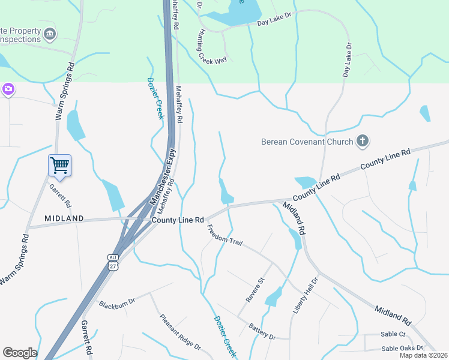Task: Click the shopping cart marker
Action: click(x=59, y=165)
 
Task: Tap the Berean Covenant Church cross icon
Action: click(x=362, y=142)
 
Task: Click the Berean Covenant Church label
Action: click(x=307, y=142)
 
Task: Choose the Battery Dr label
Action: click(x=262, y=331)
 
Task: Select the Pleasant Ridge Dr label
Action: click(x=179, y=331)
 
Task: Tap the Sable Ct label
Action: click(x=393, y=334)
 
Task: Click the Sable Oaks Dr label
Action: click(x=402, y=348)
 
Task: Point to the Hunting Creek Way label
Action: click(x=210, y=49)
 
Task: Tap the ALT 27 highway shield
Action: click(x=113, y=262)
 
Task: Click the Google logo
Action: click(x=20, y=353)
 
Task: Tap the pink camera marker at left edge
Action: click(x=8, y=89)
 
